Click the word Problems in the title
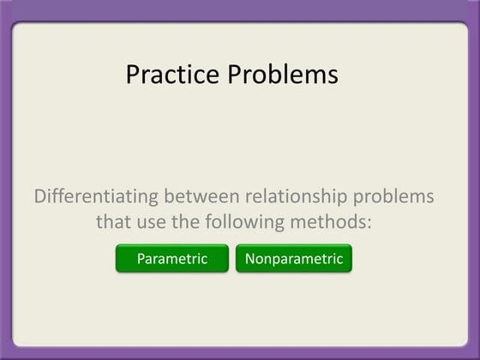pyautogui.click(x=283, y=75)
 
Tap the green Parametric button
pyautogui.click(x=172, y=259)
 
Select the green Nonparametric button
pyautogui.click(x=294, y=259)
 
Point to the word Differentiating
pyautogui.click(x=96, y=196)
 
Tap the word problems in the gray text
pyautogui.click(x=397, y=196)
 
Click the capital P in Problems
pyautogui.click(x=235, y=75)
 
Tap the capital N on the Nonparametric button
pyautogui.click(x=250, y=259)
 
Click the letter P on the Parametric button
pyautogui.click(x=141, y=259)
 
